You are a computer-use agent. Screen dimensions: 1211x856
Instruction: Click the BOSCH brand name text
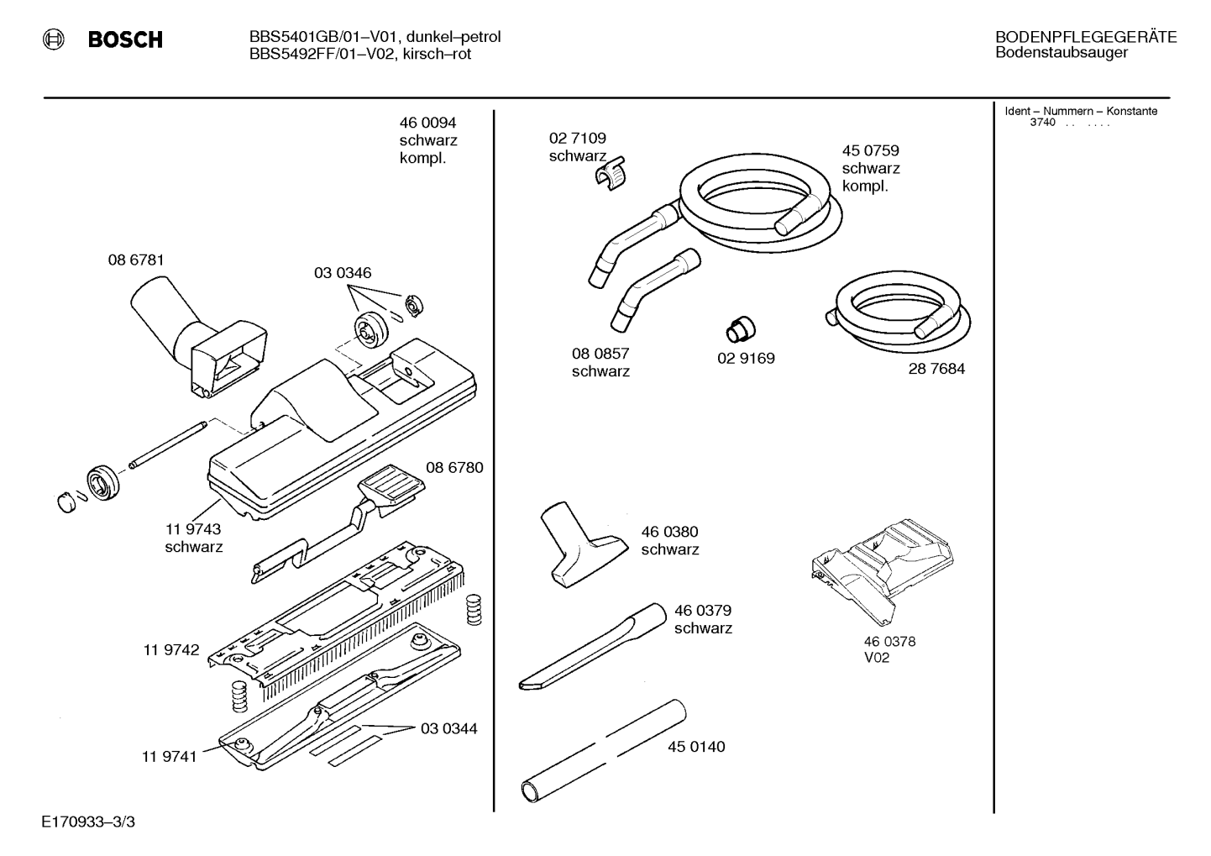pyautogui.click(x=125, y=39)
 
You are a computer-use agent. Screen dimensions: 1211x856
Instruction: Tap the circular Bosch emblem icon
pyautogui.click(x=53, y=39)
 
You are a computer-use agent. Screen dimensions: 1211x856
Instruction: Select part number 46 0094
pyautogui.click(x=427, y=123)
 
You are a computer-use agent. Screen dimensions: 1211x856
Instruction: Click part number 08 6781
pyautogui.click(x=136, y=260)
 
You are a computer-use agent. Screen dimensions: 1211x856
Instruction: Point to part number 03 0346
pyautogui.click(x=343, y=272)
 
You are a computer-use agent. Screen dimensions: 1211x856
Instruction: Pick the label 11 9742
pyautogui.click(x=170, y=649)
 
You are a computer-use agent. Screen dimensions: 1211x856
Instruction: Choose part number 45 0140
pyautogui.click(x=696, y=747)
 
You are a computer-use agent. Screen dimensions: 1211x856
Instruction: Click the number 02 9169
pyautogui.click(x=746, y=359)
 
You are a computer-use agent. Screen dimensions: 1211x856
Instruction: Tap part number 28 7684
pyautogui.click(x=936, y=369)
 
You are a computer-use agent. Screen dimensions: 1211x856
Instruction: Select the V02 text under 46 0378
pyautogui.click(x=877, y=658)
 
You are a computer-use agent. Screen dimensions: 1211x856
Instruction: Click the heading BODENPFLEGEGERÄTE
pyautogui.click(x=1086, y=37)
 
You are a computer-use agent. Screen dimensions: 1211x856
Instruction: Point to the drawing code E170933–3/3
pyautogui.click(x=88, y=822)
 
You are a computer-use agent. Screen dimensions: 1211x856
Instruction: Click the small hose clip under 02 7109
pyautogui.click(x=611, y=174)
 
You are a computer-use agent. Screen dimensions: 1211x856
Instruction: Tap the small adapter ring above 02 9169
pyautogui.click(x=740, y=328)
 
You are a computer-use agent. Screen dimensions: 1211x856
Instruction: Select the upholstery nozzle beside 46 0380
pyautogui.click(x=584, y=544)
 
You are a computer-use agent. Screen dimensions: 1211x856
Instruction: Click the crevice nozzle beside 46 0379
pyautogui.click(x=593, y=647)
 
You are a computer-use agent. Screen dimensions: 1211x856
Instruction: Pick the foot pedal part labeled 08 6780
pyautogui.click(x=338, y=523)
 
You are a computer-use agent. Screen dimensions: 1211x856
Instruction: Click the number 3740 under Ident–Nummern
pyautogui.click(x=1042, y=122)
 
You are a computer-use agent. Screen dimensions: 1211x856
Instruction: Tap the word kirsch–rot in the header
pyautogui.click(x=437, y=54)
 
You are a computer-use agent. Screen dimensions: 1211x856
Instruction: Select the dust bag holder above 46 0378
pyautogui.click(x=883, y=572)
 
